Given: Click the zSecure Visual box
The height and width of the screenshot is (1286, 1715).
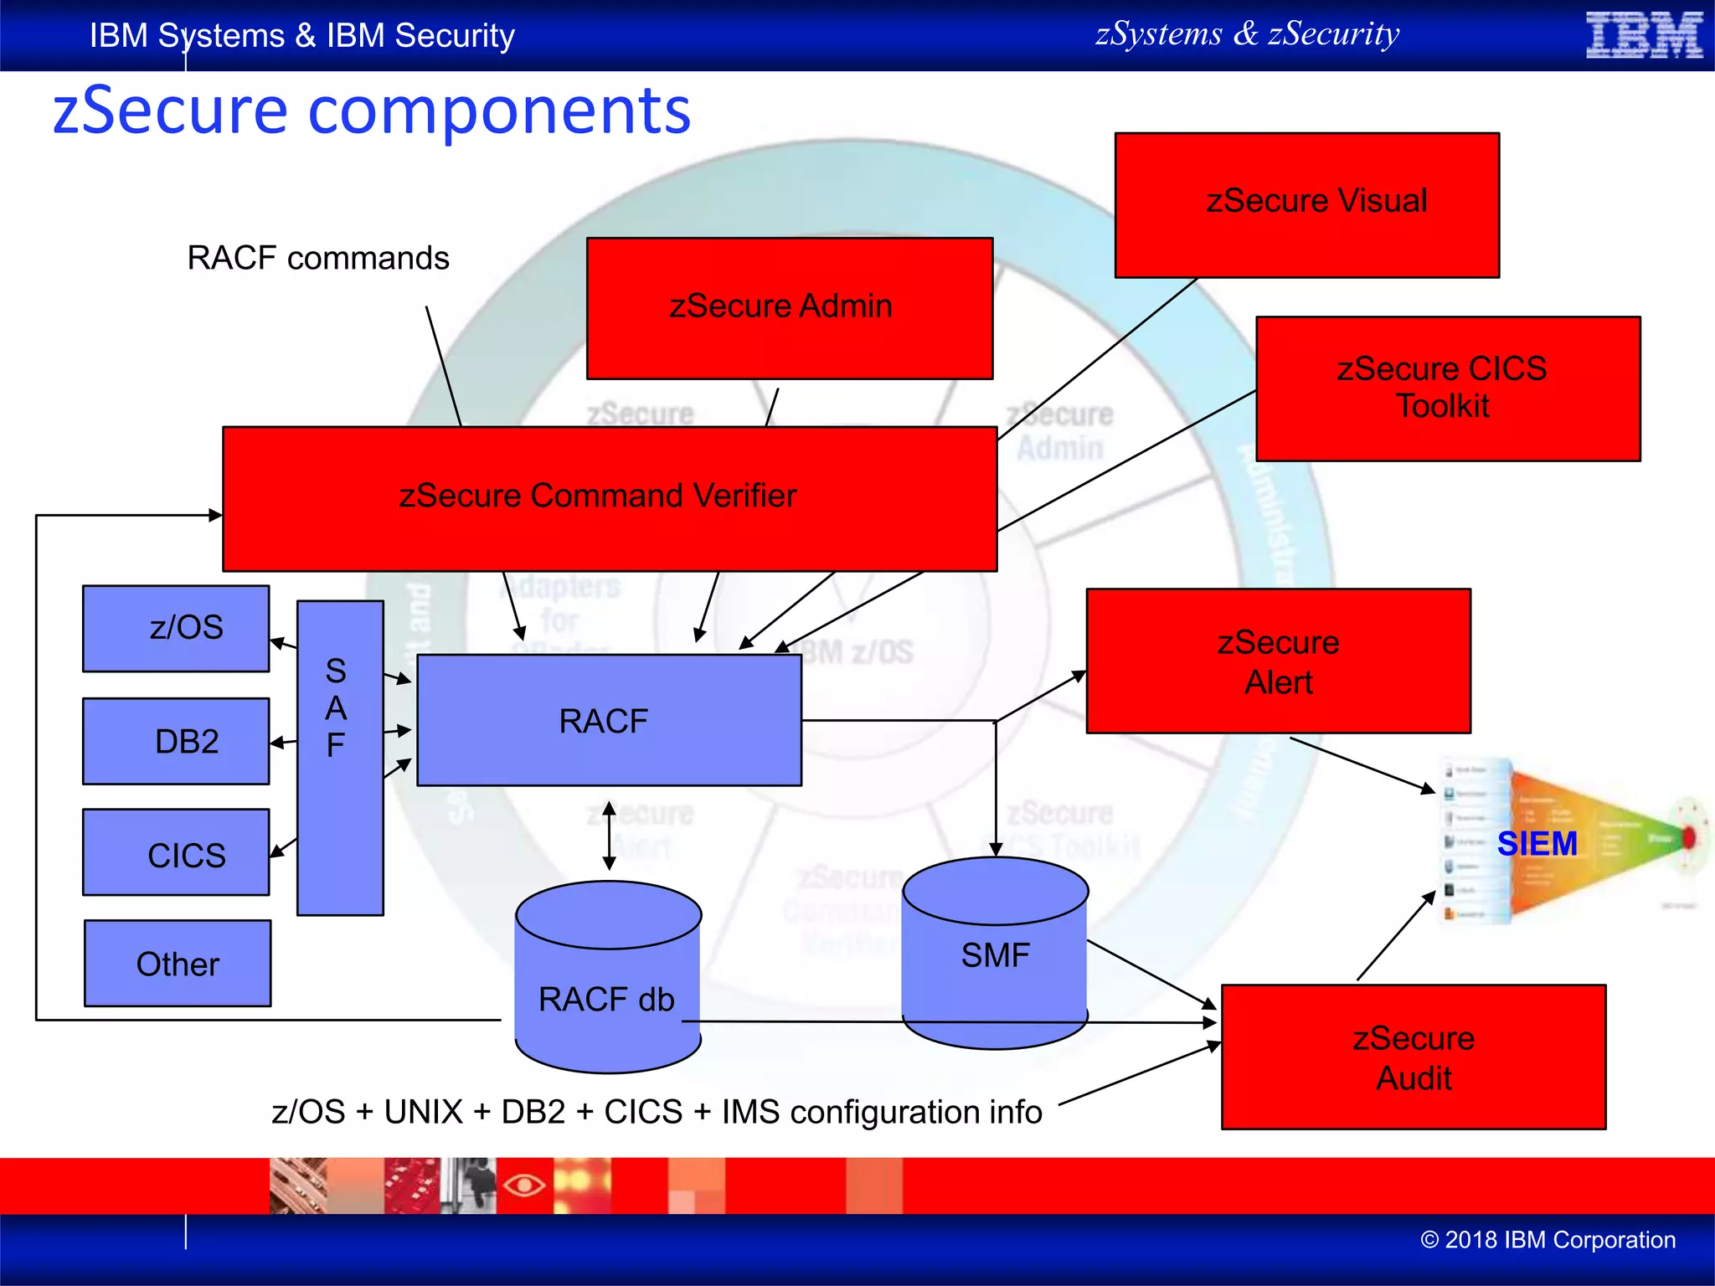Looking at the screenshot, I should pyautogui.click(x=1306, y=204).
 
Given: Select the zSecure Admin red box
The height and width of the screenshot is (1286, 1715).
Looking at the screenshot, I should pyautogui.click(x=789, y=307).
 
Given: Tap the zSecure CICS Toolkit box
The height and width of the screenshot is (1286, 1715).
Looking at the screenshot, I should pyautogui.click(x=1447, y=388).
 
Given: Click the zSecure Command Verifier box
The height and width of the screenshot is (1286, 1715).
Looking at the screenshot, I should pyautogui.click(x=609, y=498).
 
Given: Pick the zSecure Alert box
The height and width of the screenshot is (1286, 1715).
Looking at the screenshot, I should pyautogui.click(x=1278, y=661).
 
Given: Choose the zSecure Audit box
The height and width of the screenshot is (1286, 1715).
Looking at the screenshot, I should pyautogui.click(x=1413, y=1057).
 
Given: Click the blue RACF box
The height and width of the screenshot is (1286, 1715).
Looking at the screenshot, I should pyautogui.click(x=609, y=720).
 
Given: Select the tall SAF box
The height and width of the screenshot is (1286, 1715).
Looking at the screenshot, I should pyautogui.click(x=340, y=758).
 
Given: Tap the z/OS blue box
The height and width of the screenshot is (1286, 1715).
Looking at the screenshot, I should pyautogui.click(x=176, y=628).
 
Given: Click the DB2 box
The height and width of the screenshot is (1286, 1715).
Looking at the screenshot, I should pyautogui.click(x=176, y=741).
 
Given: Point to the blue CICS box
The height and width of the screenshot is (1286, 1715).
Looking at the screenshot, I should pyautogui.click(x=176, y=852).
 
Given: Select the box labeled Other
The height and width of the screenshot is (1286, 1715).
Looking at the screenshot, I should pyautogui.click(x=178, y=963).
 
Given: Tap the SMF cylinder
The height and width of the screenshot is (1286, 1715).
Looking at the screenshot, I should pyautogui.click(x=995, y=954).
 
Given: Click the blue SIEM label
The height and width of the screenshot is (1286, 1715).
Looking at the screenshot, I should pyautogui.click(x=1537, y=843).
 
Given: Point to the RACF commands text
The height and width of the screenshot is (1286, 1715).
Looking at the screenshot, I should pyautogui.click(x=317, y=258).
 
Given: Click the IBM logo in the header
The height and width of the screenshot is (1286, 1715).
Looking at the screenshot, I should pyautogui.click(x=1643, y=35).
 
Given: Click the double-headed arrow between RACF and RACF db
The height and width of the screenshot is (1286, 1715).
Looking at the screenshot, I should pyautogui.click(x=610, y=836).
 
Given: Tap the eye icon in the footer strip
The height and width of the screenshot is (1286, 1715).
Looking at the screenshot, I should pyautogui.click(x=524, y=1185).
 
